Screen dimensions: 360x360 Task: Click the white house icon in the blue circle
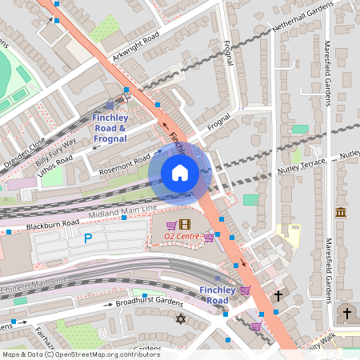pyautogui.click(x=180, y=173)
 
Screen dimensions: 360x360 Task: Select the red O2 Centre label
pyautogui.click(x=183, y=236)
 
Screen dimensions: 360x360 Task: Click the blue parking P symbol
pyautogui.click(x=87, y=238)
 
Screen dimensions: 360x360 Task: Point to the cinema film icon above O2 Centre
pyautogui.click(x=186, y=225)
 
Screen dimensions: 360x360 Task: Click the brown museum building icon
pyautogui.click(x=341, y=213)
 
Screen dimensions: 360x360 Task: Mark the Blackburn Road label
pyautogui.click(x=54, y=223)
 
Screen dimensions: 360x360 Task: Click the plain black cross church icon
pyautogui.click(x=278, y=296)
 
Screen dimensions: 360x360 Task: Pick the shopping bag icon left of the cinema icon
pyautogui.click(x=171, y=226)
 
